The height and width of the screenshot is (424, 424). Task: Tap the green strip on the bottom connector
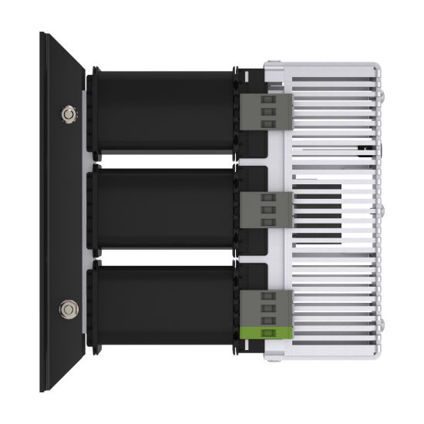tap(265, 332)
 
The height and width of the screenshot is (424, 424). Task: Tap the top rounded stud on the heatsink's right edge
tap(381, 98)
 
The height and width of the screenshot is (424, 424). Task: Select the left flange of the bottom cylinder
tap(93, 308)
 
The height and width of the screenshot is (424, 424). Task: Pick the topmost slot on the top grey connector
tap(268, 99)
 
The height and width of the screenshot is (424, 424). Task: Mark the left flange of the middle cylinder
tap(93, 209)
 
